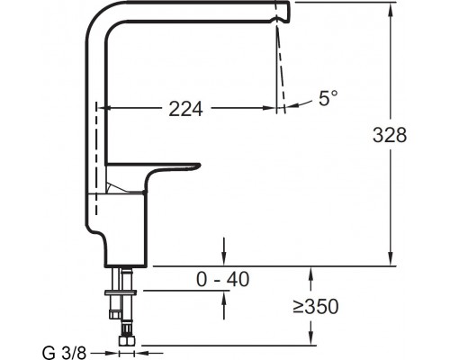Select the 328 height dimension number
pyautogui.click(x=390, y=136)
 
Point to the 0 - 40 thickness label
pyautogui.click(x=222, y=280)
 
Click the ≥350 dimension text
pyautogui.click(x=314, y=307)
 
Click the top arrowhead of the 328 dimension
pyautogui.click(x=390, y=8)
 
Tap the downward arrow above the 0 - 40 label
pyautogui.click(x=223, y=259)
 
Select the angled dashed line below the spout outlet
pyautogui.click(x=280, y=63)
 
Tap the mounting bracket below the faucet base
pyautogui.click(x=122, y=292)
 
